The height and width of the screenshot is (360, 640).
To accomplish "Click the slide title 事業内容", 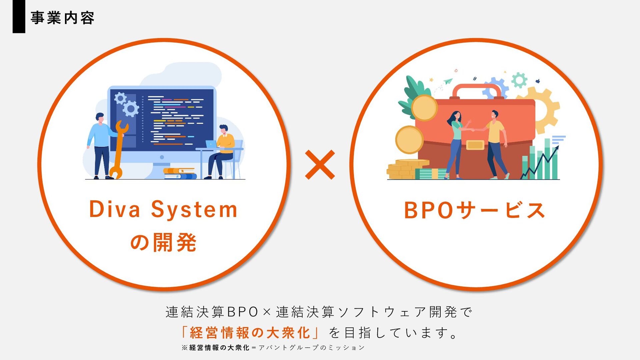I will (62, 18).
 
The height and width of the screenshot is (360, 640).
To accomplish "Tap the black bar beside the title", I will (19, 17).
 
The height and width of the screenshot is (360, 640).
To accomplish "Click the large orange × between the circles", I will (320, 165).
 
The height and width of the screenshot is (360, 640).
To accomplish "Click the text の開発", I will (163, 242).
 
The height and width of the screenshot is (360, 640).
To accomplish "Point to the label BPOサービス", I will (474, 210).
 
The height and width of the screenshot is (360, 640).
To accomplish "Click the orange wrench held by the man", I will (118, 150).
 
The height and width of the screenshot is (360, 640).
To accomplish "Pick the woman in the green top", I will (456, 143).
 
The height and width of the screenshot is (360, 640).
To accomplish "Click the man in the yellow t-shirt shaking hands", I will (496, 143).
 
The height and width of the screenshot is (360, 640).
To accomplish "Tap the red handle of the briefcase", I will (477, 89).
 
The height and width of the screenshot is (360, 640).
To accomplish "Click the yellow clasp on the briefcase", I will (475, 145).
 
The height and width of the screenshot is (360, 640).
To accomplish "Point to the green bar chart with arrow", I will (542, 160).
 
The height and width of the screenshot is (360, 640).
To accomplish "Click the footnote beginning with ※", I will (273, 348).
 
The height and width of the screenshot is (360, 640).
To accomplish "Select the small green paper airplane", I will (448, 81).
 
